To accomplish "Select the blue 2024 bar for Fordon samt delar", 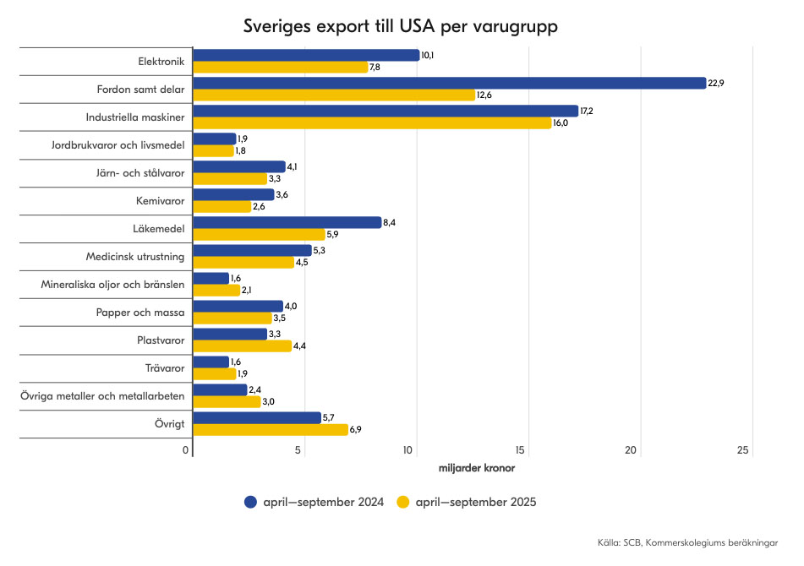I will (449, 83).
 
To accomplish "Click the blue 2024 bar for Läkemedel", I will (287, 222).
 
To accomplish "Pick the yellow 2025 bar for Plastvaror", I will (242, 346).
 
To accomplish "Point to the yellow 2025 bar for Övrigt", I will (270, 430).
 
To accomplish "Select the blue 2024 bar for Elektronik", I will (306, 55).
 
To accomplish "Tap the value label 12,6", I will (484, 95).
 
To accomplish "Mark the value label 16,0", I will (561, 122).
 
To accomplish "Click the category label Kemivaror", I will (161, 201).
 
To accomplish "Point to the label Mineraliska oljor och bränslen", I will (113, 285).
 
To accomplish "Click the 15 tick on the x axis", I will (521, 451).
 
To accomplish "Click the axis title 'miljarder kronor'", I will (477, 467).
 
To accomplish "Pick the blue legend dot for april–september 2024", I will (250, 502).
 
